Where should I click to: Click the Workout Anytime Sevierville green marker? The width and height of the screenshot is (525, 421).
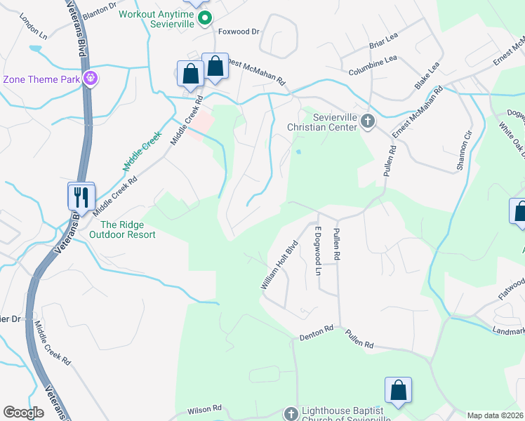[204, 18]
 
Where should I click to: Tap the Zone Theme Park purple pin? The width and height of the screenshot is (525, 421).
[90, 78]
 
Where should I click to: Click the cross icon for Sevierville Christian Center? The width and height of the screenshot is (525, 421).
[367, 122]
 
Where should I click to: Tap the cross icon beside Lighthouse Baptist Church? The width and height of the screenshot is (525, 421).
[292, 414]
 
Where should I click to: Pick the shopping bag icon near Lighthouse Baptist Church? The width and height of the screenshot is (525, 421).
[398, 391]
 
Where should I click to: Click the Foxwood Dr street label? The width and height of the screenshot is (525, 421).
[239, 32]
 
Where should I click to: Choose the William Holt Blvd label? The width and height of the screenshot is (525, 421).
[279, 265]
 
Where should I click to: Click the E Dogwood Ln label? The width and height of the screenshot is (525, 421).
[317, 250]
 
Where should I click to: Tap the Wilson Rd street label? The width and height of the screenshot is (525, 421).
[204, 408]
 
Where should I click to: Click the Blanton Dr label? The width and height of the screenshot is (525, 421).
[99, 9]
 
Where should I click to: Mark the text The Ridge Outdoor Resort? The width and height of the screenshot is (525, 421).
[128, 229]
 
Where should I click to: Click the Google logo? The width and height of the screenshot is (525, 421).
[24, 413]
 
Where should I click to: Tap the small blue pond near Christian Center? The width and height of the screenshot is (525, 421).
[299, 151]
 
